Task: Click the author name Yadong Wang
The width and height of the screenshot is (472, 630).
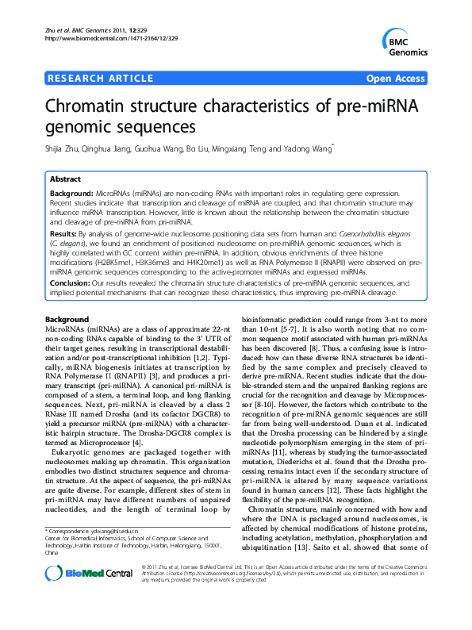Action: tap(312, 148)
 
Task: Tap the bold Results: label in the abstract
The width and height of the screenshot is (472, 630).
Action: tap(63, 235)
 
